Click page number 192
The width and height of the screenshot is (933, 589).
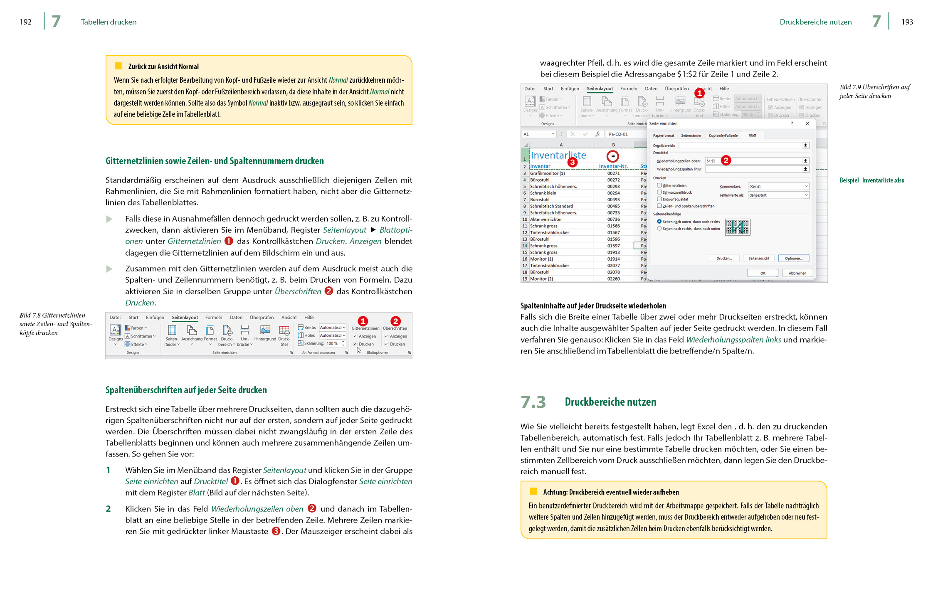(25, 22)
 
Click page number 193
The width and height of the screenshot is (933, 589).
(907, 22)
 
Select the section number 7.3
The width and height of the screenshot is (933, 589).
(533, 402)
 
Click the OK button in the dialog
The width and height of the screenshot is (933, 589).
(763, 273)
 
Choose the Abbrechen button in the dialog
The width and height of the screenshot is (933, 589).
(797, 273)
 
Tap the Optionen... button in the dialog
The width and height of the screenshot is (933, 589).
(793, 258)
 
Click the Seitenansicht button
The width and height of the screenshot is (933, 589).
(758, 258)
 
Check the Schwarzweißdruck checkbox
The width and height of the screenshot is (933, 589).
(659, 192)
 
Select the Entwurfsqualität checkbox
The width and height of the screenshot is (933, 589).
(659, 199)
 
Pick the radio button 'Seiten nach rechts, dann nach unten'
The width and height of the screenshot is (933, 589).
(659, 229)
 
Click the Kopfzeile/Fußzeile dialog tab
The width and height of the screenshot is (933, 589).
(723, 136)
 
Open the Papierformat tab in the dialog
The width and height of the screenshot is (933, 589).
(664, 136)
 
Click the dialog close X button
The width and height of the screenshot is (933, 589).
(807, 123)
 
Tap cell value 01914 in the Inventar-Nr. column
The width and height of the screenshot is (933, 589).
(613, 259)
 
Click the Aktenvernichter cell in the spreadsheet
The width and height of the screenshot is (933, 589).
(546, 219)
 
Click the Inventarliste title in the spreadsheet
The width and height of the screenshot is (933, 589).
(558, 155)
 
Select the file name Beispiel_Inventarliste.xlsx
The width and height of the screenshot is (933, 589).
(872, 180)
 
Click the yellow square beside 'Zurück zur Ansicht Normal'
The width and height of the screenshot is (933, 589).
(118, 66)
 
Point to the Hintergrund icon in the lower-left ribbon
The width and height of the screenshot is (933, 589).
(265, 331)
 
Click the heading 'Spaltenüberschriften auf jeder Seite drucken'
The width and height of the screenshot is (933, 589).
(186, 390)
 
